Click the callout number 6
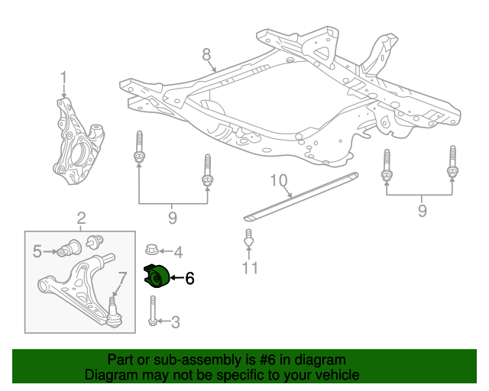190,279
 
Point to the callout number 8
206,54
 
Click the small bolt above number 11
248,240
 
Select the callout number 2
81,221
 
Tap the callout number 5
37,250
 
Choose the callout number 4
178,251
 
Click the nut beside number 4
152,250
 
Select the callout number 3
175,322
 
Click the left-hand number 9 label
172,219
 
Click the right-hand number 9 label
423,210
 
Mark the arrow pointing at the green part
176,278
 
